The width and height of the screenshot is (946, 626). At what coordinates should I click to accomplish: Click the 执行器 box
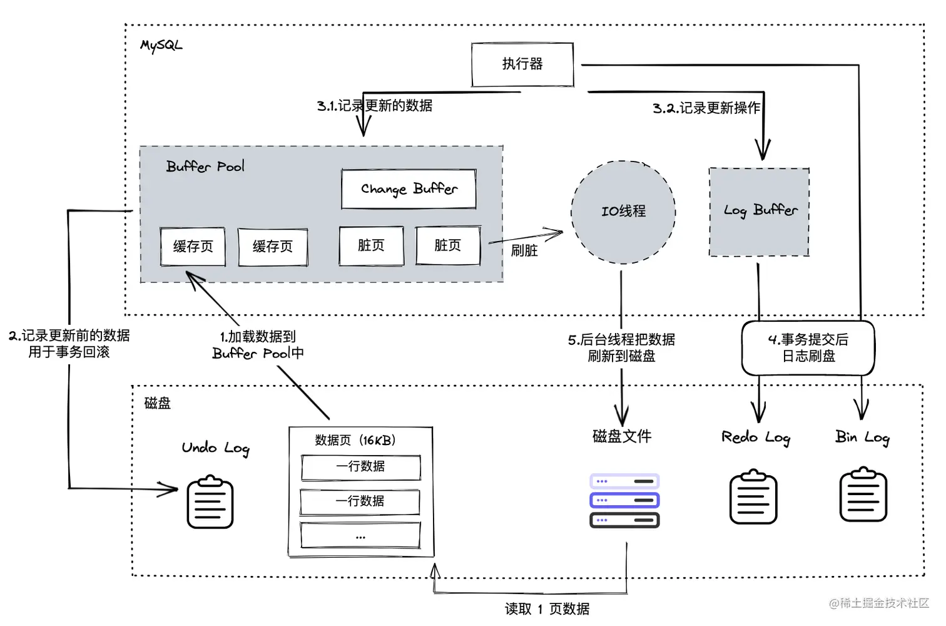pyautogui.click(x=522, y=64)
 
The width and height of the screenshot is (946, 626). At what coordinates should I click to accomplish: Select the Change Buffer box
pyautogui.click(x=409, y=188)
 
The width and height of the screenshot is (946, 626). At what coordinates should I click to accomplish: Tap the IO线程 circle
pyautogui.click(x=623, y=212)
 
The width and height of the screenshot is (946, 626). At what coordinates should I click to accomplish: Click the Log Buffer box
pyautogui.click(x=759, y=212)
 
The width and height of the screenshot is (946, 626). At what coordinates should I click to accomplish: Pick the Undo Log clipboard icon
pyautogui.click(x=210, y=502)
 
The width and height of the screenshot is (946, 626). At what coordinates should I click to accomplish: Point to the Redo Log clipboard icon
pyautogui.click(x=753, y=497)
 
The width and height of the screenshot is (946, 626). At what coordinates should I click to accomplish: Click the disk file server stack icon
pyautogui.click(x=624, y=500)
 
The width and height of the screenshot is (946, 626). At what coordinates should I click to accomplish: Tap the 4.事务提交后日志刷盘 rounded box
pyautogui.click(x=808, y=348)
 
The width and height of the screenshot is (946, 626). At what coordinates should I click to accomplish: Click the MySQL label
pyautogui.click(x=161, y=45)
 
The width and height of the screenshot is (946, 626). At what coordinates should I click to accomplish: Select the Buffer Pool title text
pyautogui.click(x=205, y=167)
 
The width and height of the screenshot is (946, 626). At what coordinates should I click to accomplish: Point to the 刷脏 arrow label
pyautogui.click(x=524, y=250)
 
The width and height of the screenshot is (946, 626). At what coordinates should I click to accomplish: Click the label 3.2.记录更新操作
pyautogui.click(x=706, y=108)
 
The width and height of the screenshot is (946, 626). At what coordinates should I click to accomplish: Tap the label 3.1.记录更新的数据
pyautogui.click(x=374, y=106)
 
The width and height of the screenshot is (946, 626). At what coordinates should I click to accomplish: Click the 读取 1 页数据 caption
pyautogui.click(x=547, y=608)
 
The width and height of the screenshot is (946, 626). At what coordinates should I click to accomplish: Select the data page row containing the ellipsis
pyautogui.click(x=360, y=536)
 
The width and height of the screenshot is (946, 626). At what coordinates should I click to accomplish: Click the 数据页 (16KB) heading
pyautogui.click(x=355, y=440)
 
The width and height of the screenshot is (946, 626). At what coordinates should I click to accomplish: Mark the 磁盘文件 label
pyautogui.click(x=622, y=436)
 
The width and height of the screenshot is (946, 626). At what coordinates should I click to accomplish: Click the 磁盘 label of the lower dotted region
pyautogui.click(x=157, y=403)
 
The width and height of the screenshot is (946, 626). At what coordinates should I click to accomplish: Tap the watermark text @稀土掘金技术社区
pyautogui.click(x=879, y=603)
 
